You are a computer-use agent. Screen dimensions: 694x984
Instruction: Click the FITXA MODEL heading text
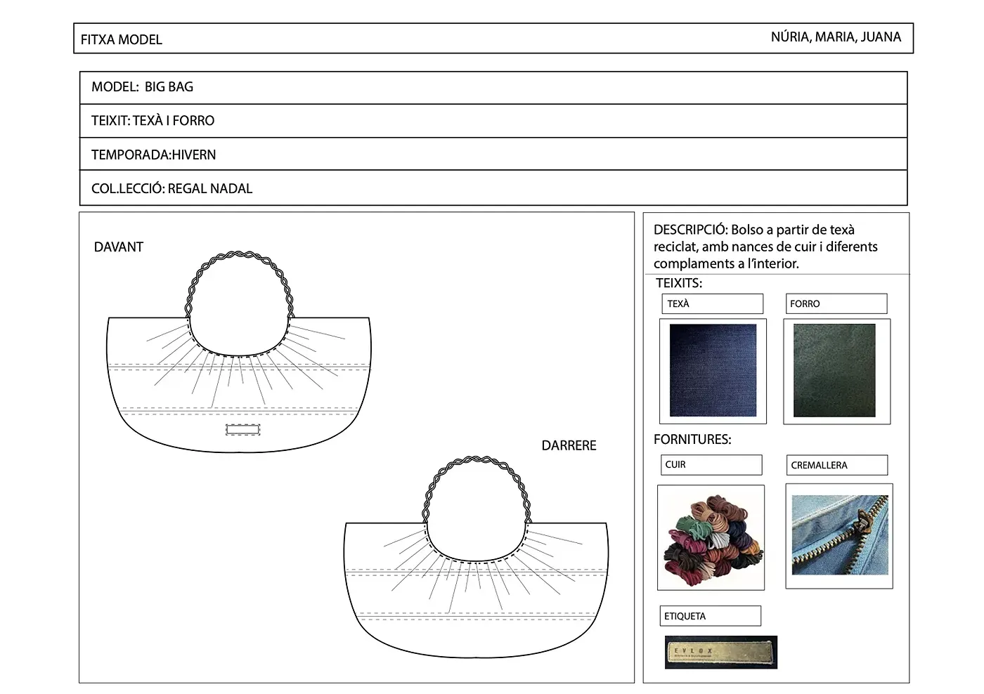121,39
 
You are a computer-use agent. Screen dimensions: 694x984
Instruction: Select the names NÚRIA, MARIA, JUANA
835,37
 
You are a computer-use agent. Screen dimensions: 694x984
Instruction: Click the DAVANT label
119,247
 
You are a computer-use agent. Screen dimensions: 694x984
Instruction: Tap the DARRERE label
569,445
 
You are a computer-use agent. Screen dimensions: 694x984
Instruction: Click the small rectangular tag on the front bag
242,429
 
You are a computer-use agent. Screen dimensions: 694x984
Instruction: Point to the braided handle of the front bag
239,254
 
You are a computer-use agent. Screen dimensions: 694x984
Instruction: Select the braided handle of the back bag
476,459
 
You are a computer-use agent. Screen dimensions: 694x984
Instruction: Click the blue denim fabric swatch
713,370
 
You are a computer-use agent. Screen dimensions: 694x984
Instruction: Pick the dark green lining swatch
834,370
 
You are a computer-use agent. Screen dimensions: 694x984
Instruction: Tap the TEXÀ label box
712,303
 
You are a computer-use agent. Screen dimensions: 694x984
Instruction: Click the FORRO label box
836,303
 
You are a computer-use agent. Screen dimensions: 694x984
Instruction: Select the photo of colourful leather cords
711,538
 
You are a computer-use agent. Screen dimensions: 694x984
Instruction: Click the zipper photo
840,535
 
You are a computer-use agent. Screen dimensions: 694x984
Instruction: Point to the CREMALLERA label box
836,465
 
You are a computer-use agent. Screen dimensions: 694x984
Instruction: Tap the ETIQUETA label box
710,616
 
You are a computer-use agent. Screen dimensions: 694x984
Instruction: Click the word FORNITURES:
692,439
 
